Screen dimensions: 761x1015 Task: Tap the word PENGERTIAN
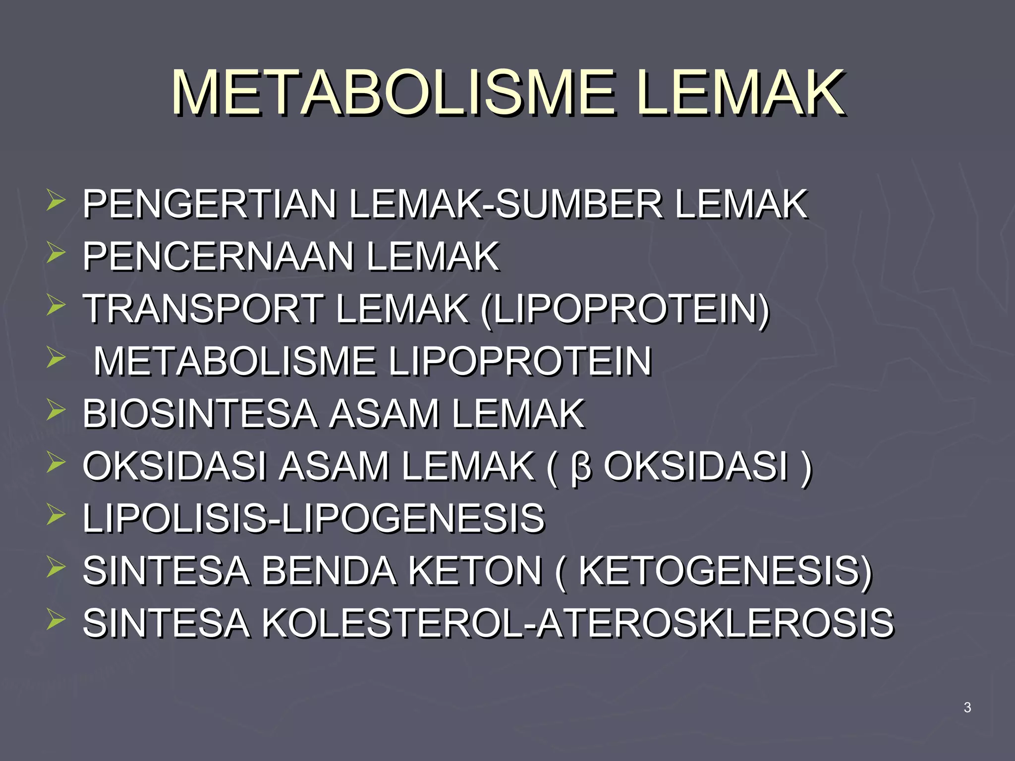(x=210, y=204)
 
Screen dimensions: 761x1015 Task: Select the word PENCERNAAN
(x=218, y=257)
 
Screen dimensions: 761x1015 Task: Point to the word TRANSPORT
(x=203, y=309)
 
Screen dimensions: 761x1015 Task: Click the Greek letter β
(x=581, y=467)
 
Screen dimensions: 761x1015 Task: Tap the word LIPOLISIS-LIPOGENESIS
(x=314, y=518)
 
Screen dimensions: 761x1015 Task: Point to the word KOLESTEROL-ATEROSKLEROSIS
(x=577, y=623)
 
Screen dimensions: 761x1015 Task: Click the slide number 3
(x=967, y=707)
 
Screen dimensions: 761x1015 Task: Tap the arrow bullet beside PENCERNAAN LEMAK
(x=56, y=254)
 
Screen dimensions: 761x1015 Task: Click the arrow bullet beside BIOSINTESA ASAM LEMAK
(x=56, y=411)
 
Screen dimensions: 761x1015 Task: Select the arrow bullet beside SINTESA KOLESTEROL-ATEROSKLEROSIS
(x=56, y=620)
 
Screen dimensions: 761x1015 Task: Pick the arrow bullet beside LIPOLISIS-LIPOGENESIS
(x=56, y=515)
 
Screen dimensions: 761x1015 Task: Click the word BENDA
(x=329, y=571)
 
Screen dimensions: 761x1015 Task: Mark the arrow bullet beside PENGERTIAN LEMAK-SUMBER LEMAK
(x=56, y=201)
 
